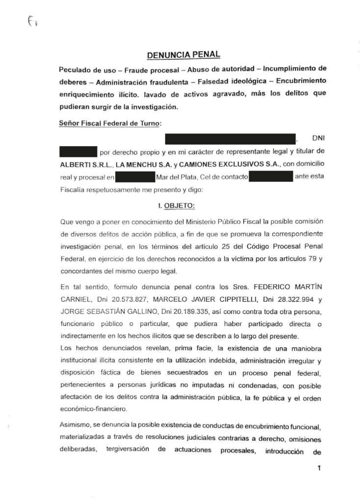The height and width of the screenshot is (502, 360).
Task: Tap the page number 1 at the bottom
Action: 319,468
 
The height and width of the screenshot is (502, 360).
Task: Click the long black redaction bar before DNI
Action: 231,138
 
